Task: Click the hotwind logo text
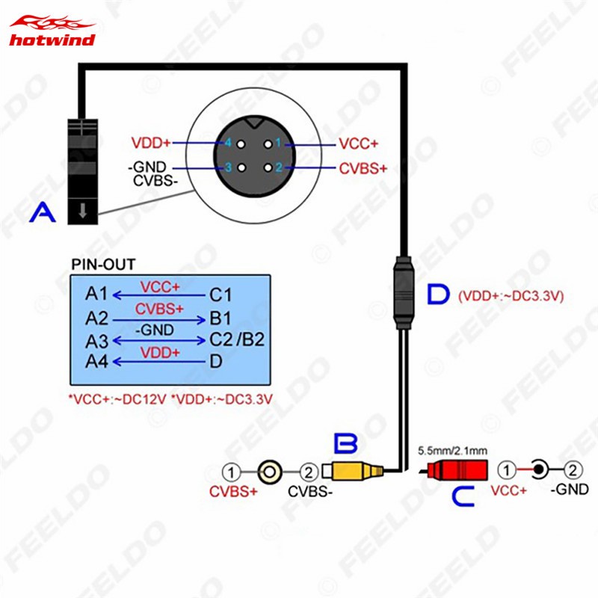point(52,39)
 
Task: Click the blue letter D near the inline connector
point(438,295)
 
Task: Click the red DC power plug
point(457,471)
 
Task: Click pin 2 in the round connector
point(277,167)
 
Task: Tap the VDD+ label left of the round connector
point(150,142)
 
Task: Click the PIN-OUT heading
point(103,264)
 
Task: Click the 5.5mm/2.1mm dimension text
point(453,451)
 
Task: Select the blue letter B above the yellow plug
point(346,446)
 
